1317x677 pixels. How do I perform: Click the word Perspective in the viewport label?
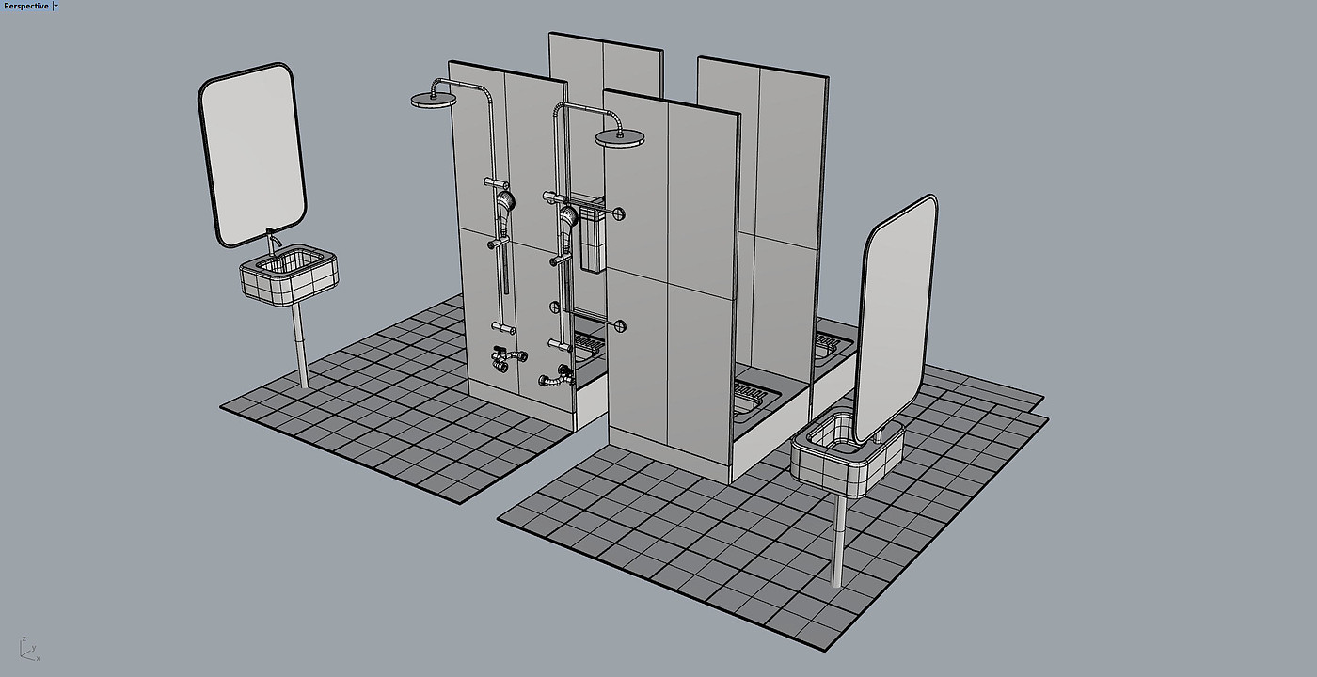(x=26, y=6)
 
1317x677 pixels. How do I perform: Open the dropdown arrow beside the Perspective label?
(x=56, y=6)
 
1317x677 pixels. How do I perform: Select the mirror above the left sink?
(x=252, y=155)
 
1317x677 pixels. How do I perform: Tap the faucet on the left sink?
(x=272, y=240)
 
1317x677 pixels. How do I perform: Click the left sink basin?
(x=289, y=275)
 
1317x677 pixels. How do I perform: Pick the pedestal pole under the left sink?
(x=300, y=345)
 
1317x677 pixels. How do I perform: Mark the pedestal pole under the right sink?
(x=839, y=542)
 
